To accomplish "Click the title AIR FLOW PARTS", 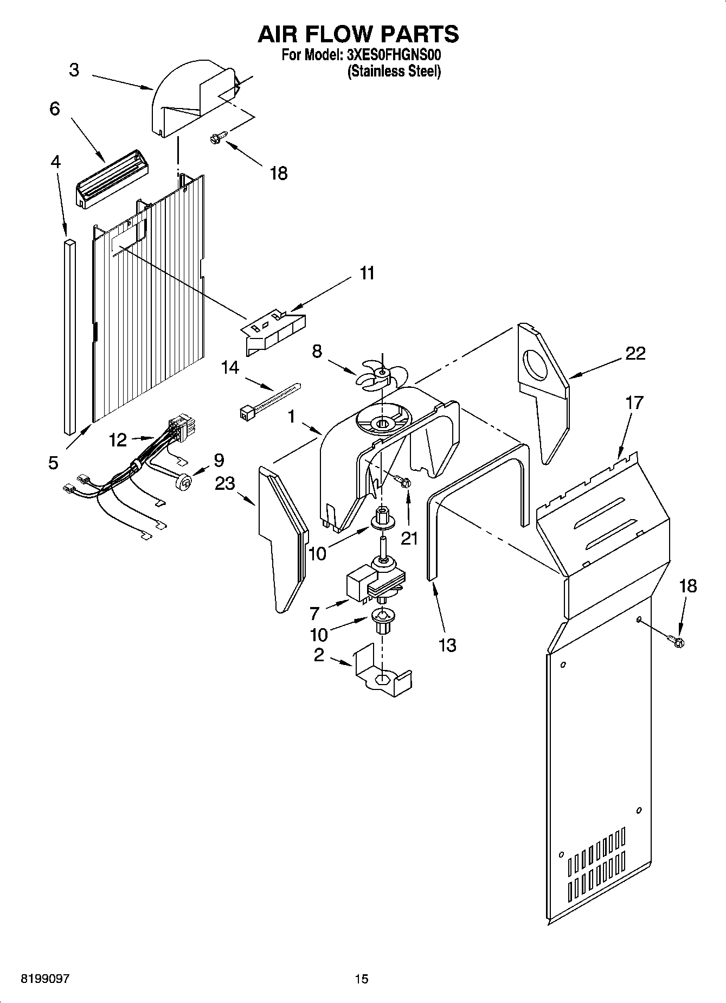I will pos(358,34).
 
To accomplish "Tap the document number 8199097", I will pos(45,979).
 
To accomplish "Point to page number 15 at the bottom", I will pos(362,979).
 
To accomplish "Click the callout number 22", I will pos(635,354).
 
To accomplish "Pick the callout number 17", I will pos(634,403).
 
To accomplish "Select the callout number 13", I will pos(447,646).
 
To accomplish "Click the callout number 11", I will pos(367,273).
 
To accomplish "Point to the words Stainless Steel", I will pos(394,71).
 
